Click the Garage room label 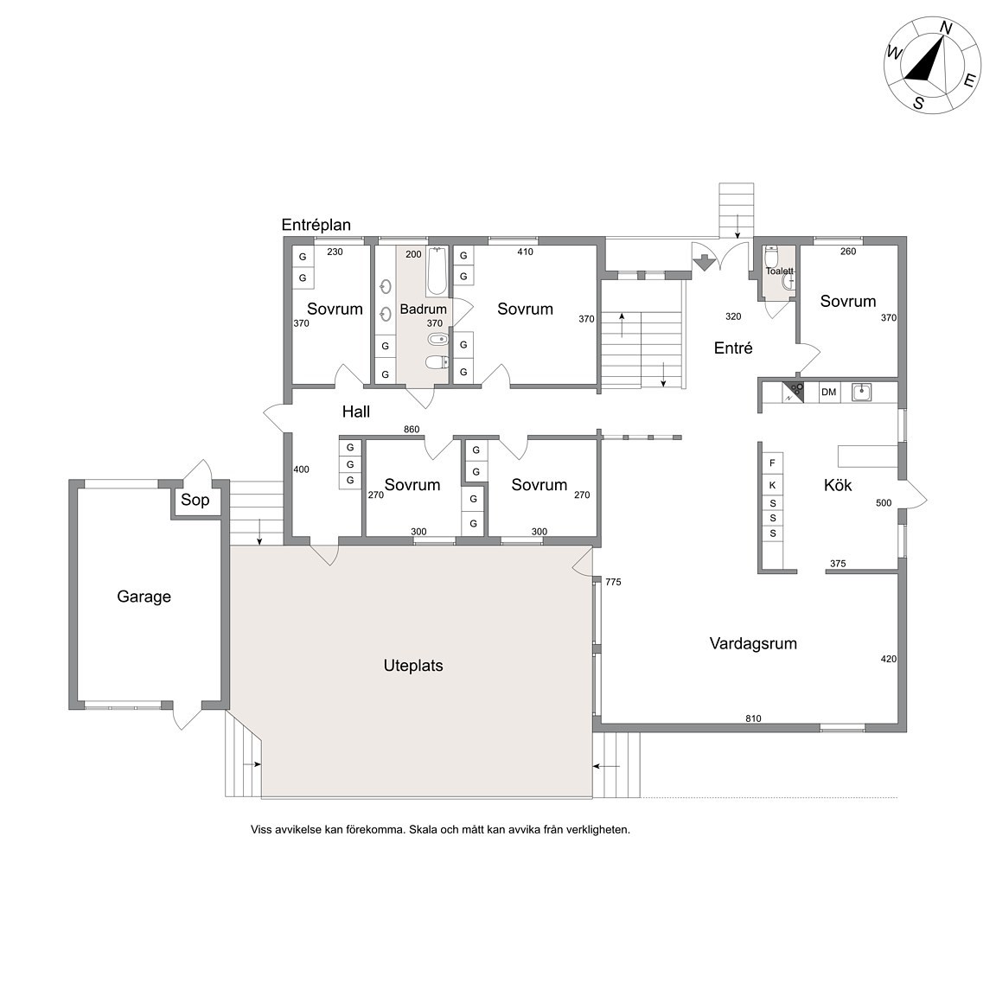[x=144, y=597]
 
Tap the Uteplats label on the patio [x=413, y=666]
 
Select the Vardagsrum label [x=753, y=643]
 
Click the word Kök [x=838, y=485]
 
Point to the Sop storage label [x=195, y=500]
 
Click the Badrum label [x=423, y=310]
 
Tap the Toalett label [x=779, y=271]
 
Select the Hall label [x=356, y=412]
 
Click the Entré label [x=733, y=348]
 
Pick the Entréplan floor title [x=316, y=225]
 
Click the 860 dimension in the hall [x=412, y=430]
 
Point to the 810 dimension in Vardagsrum [x=753, y=718]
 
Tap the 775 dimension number [x=613, y=582]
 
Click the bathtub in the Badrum [x=437, y=271]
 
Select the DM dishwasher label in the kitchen [x=829, y=392]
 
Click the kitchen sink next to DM [x=861, y=392]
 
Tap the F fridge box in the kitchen [x=772, y=463]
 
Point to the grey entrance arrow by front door [x=705, y=262]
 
